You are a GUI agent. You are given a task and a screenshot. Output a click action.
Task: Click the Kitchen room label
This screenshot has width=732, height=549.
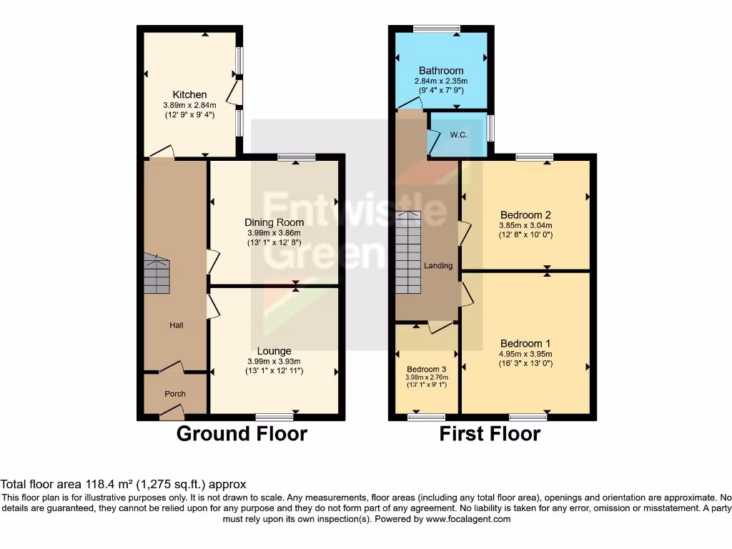189,94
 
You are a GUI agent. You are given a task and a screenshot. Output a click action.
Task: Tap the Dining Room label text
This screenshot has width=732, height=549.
274,222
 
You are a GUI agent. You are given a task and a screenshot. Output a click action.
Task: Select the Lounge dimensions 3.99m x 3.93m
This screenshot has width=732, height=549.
274,361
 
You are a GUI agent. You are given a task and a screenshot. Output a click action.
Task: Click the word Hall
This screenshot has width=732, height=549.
176,325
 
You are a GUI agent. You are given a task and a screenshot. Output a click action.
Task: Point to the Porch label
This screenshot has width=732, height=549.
175,394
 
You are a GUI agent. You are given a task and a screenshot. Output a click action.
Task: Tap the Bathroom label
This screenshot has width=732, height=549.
441,71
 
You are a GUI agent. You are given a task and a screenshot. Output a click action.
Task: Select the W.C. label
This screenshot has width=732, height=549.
458,134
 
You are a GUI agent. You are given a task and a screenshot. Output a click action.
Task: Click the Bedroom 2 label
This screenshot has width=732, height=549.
525,214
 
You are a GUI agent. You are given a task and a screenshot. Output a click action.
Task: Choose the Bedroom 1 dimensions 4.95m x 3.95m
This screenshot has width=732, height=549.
525,353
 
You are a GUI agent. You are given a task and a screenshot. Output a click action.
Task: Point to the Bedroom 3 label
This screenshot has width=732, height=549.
426,369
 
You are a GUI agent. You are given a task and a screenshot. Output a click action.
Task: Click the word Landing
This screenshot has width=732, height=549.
438,266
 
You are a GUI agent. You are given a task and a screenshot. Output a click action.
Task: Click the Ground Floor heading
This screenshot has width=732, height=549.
242,433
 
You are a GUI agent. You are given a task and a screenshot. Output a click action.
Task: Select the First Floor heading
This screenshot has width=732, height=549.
490,433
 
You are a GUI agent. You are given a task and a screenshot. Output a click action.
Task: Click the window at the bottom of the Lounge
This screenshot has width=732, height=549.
274,416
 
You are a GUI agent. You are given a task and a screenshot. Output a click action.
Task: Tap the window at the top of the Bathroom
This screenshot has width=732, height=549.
437,29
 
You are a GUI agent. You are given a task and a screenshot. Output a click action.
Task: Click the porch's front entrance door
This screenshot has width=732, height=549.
172,412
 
